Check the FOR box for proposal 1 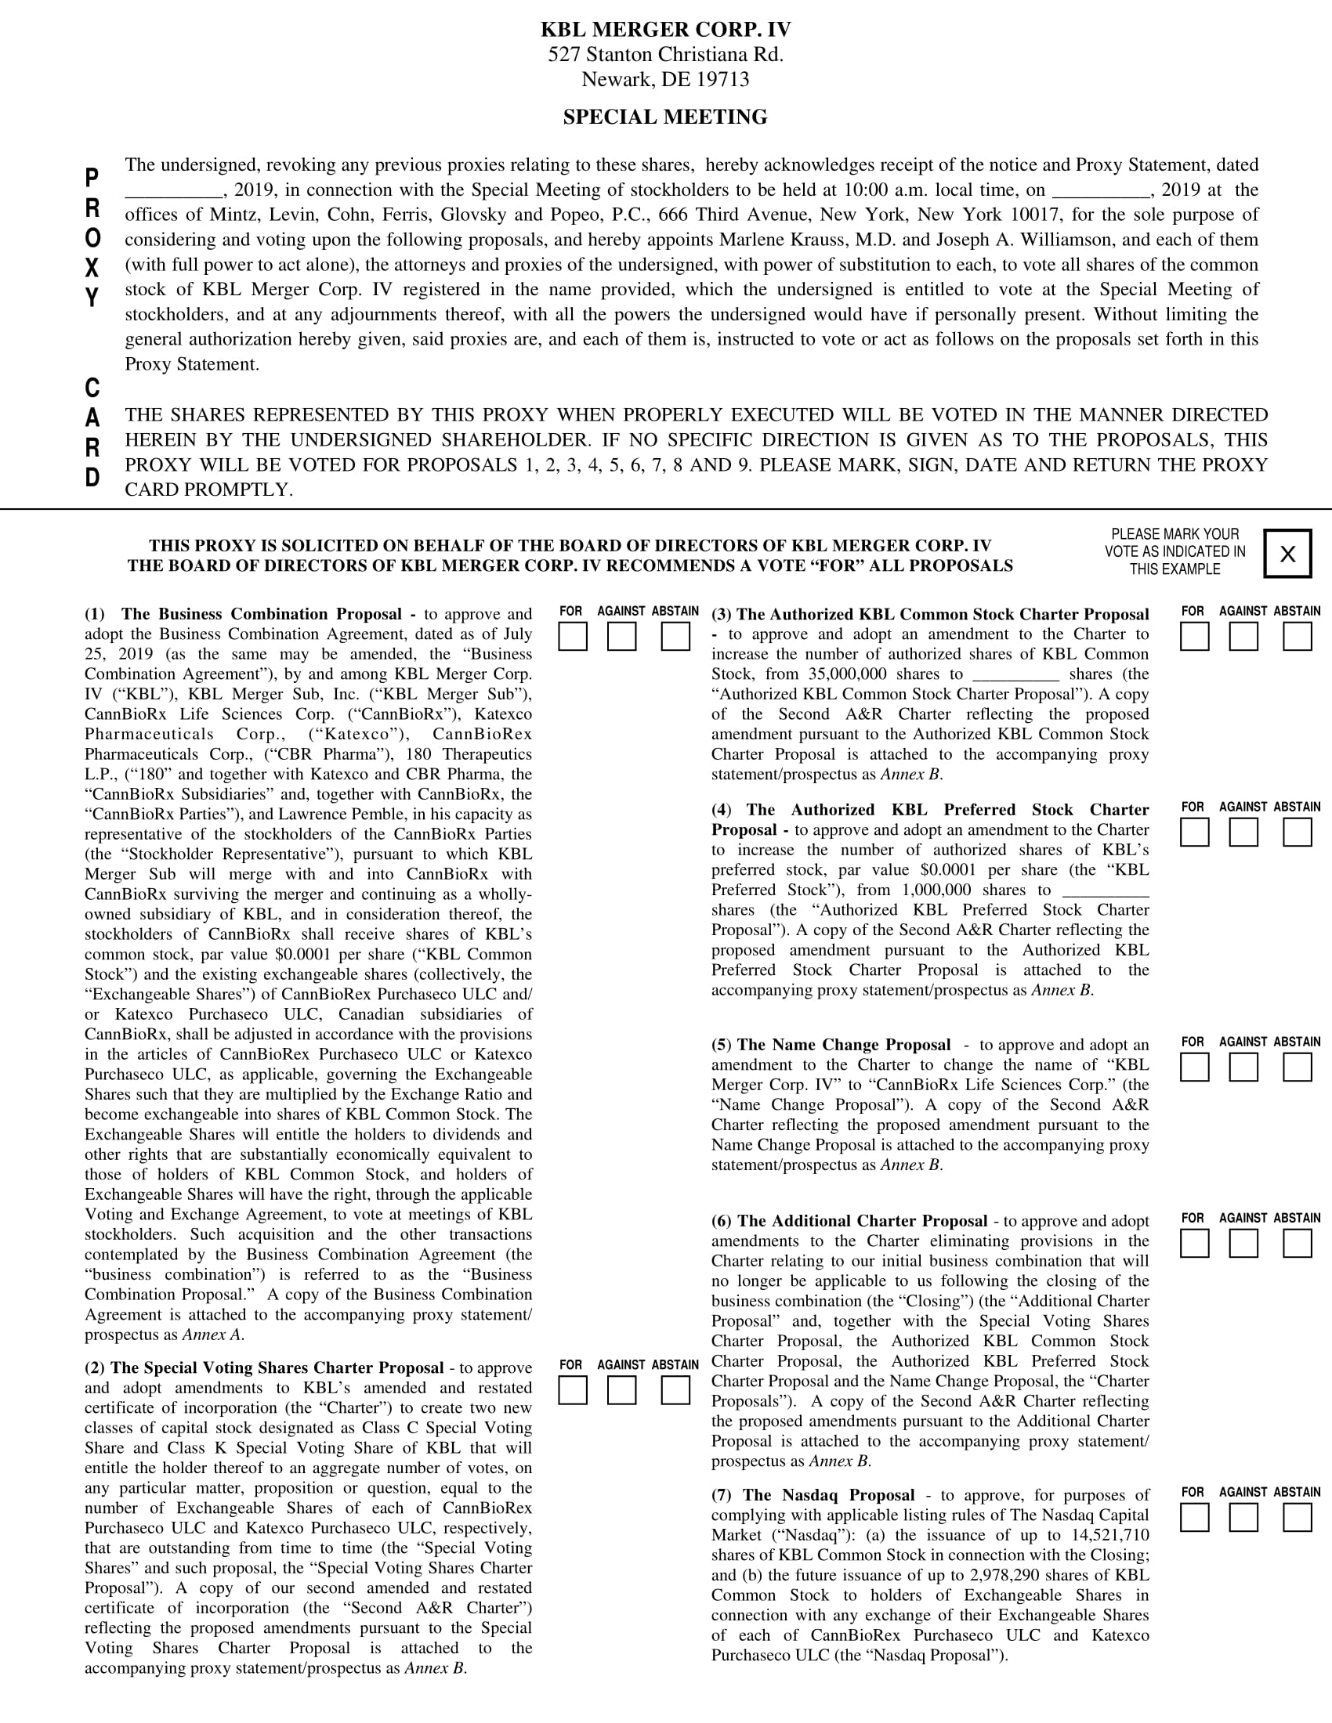[x=572, y=637]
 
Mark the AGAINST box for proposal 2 [x=622, y=1390]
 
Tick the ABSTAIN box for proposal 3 [x=1297, y=637]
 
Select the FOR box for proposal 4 [x=1194, y=833]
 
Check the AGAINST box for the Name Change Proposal [x=1243, y=1067]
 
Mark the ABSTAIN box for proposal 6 [x=1297, y=1244]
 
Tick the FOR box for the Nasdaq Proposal [x=1194, y=1517]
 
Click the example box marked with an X [x=1287, y=554]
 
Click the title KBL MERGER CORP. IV [x=665, y=30]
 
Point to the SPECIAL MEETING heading [x=665, y=117]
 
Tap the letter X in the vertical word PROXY [x=92, y=268]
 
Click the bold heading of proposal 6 [x=849, y=1221]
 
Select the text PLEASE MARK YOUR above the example [x=1175, y=534]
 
